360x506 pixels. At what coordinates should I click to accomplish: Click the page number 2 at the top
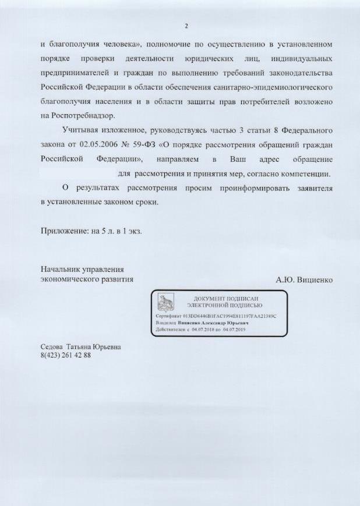pos(186,26)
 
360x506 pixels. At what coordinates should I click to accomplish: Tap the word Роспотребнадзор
pos(82,115)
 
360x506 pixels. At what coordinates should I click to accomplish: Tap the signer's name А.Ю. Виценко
pos(304,279)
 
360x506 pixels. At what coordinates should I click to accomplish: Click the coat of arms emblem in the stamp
pos(166,302)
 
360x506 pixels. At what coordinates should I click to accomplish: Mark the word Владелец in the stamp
pos(167,322)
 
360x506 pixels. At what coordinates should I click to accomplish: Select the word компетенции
pos(306,174)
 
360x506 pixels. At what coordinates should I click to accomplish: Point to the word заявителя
pos(314,188)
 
